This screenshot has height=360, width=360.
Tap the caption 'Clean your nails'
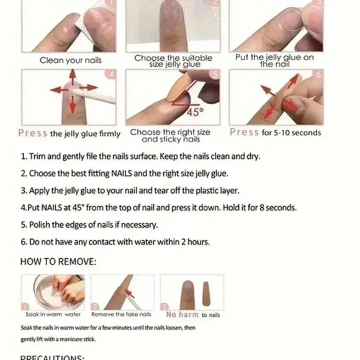point(71,60)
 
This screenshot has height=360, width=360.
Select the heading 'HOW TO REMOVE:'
point(58,261)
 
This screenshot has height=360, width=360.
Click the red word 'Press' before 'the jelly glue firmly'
point(33,133)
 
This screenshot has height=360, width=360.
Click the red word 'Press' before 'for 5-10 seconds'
point(244,132)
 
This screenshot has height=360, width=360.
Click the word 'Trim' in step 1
point(39,156)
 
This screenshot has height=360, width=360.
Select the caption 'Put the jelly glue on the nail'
point(274,61)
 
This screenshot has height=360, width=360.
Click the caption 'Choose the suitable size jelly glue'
point(173,61)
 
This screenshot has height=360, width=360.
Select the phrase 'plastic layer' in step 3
point(214,191)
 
